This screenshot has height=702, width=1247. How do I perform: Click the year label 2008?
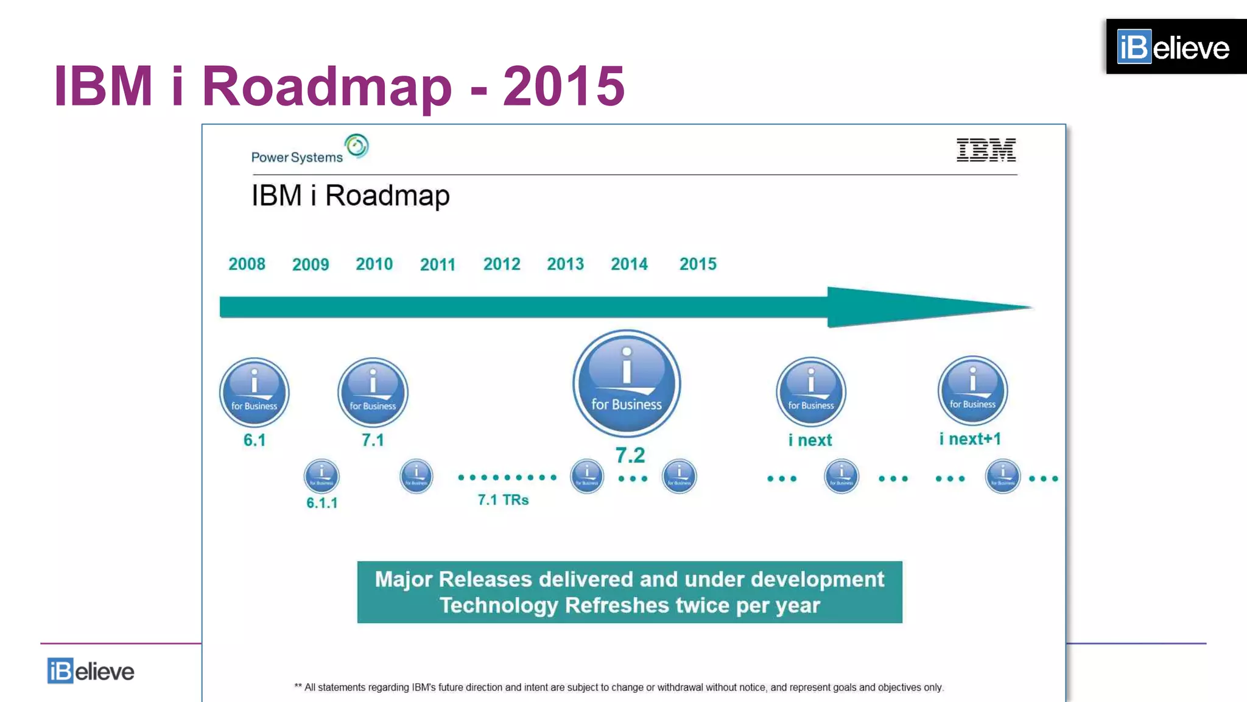click(x=247, y=264)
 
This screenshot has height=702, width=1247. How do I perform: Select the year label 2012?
click(x=502, y=264)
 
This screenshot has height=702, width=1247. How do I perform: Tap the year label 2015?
click(x=698, y=264)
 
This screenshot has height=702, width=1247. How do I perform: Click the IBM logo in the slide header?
click(x=986, y=150)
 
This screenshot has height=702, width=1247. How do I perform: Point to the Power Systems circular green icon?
click(x=357, y=146)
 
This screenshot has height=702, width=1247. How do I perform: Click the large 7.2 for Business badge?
click(x=627, y=383)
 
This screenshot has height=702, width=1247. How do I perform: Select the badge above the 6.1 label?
click(x=255, y=392)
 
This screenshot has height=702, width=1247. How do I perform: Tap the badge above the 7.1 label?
click(x=373, y=392)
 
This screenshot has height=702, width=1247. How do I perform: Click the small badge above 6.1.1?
click(x=321, y=475)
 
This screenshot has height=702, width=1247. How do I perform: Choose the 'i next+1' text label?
click(x=970, y=439)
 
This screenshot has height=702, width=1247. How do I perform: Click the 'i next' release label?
click(x=810, y=440)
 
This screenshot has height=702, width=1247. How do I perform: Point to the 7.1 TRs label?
click(x=503, y=500)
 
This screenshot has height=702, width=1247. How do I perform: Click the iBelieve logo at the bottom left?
click(x=91, y=671)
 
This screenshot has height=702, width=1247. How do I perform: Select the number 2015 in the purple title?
click(x=564, y=86)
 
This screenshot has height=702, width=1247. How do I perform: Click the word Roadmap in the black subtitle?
click(x=387, y=196)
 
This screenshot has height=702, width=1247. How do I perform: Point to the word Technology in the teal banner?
click(x=499, y=605)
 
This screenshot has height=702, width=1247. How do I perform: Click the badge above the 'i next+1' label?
click(x=972, y=391)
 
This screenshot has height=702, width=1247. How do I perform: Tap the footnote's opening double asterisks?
click(x=298, y=686)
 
